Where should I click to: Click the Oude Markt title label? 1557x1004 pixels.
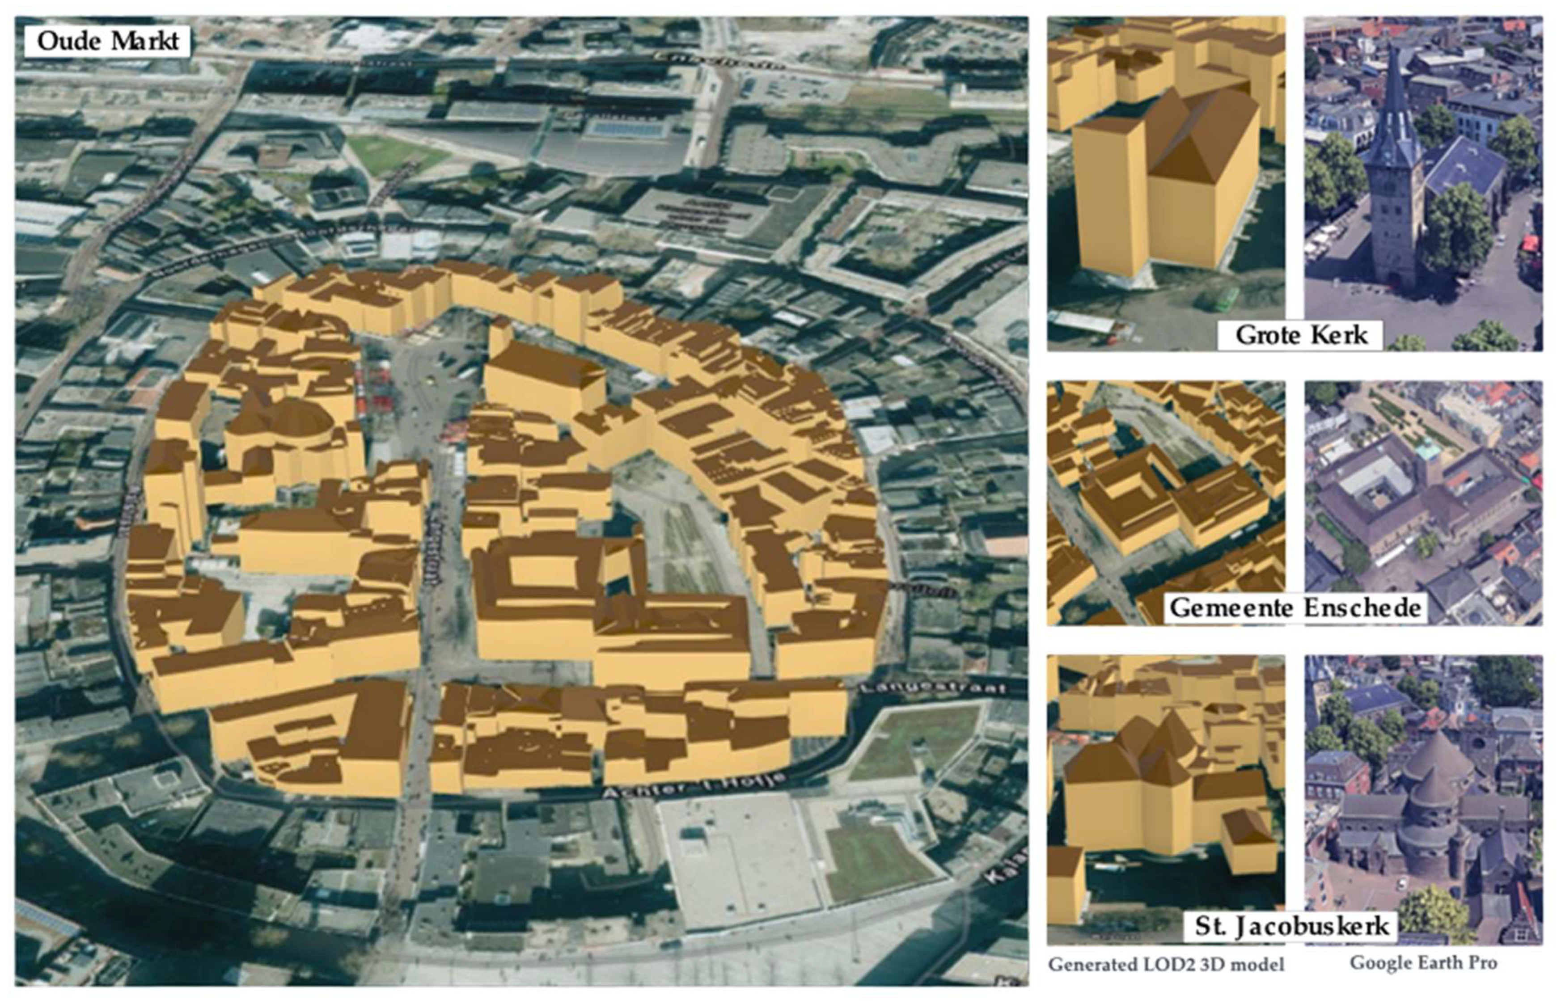pos(108,41)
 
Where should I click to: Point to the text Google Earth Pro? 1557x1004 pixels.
pos(1423,963)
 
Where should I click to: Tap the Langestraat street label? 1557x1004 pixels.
pos(932,688)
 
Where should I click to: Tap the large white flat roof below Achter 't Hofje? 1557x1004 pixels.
pos(737,854)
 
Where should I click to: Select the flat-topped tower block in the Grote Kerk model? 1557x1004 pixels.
pos(1109,196)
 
